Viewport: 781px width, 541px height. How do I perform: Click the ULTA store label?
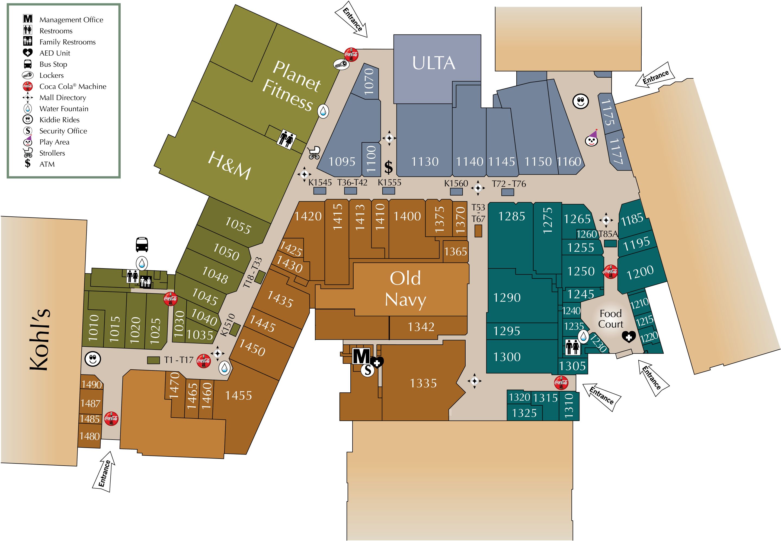434,63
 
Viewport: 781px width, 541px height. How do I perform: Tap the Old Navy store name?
405,289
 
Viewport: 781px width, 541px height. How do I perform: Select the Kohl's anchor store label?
40,339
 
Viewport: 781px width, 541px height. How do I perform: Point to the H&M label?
229,165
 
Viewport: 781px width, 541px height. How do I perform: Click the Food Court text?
610,319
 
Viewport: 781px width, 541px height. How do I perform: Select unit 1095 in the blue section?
342,162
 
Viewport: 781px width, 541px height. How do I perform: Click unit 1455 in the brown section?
238,396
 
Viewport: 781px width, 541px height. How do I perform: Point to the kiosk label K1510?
228,325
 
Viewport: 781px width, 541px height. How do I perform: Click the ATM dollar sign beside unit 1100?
388,167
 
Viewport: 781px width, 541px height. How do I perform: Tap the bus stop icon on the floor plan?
142,244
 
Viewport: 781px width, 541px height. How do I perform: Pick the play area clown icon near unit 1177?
592,138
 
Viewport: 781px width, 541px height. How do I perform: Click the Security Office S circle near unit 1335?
367,370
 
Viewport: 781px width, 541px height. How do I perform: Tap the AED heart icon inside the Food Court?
629,337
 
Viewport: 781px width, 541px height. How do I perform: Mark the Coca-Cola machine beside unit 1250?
610,271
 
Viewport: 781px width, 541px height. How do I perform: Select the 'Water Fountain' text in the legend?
64,109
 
